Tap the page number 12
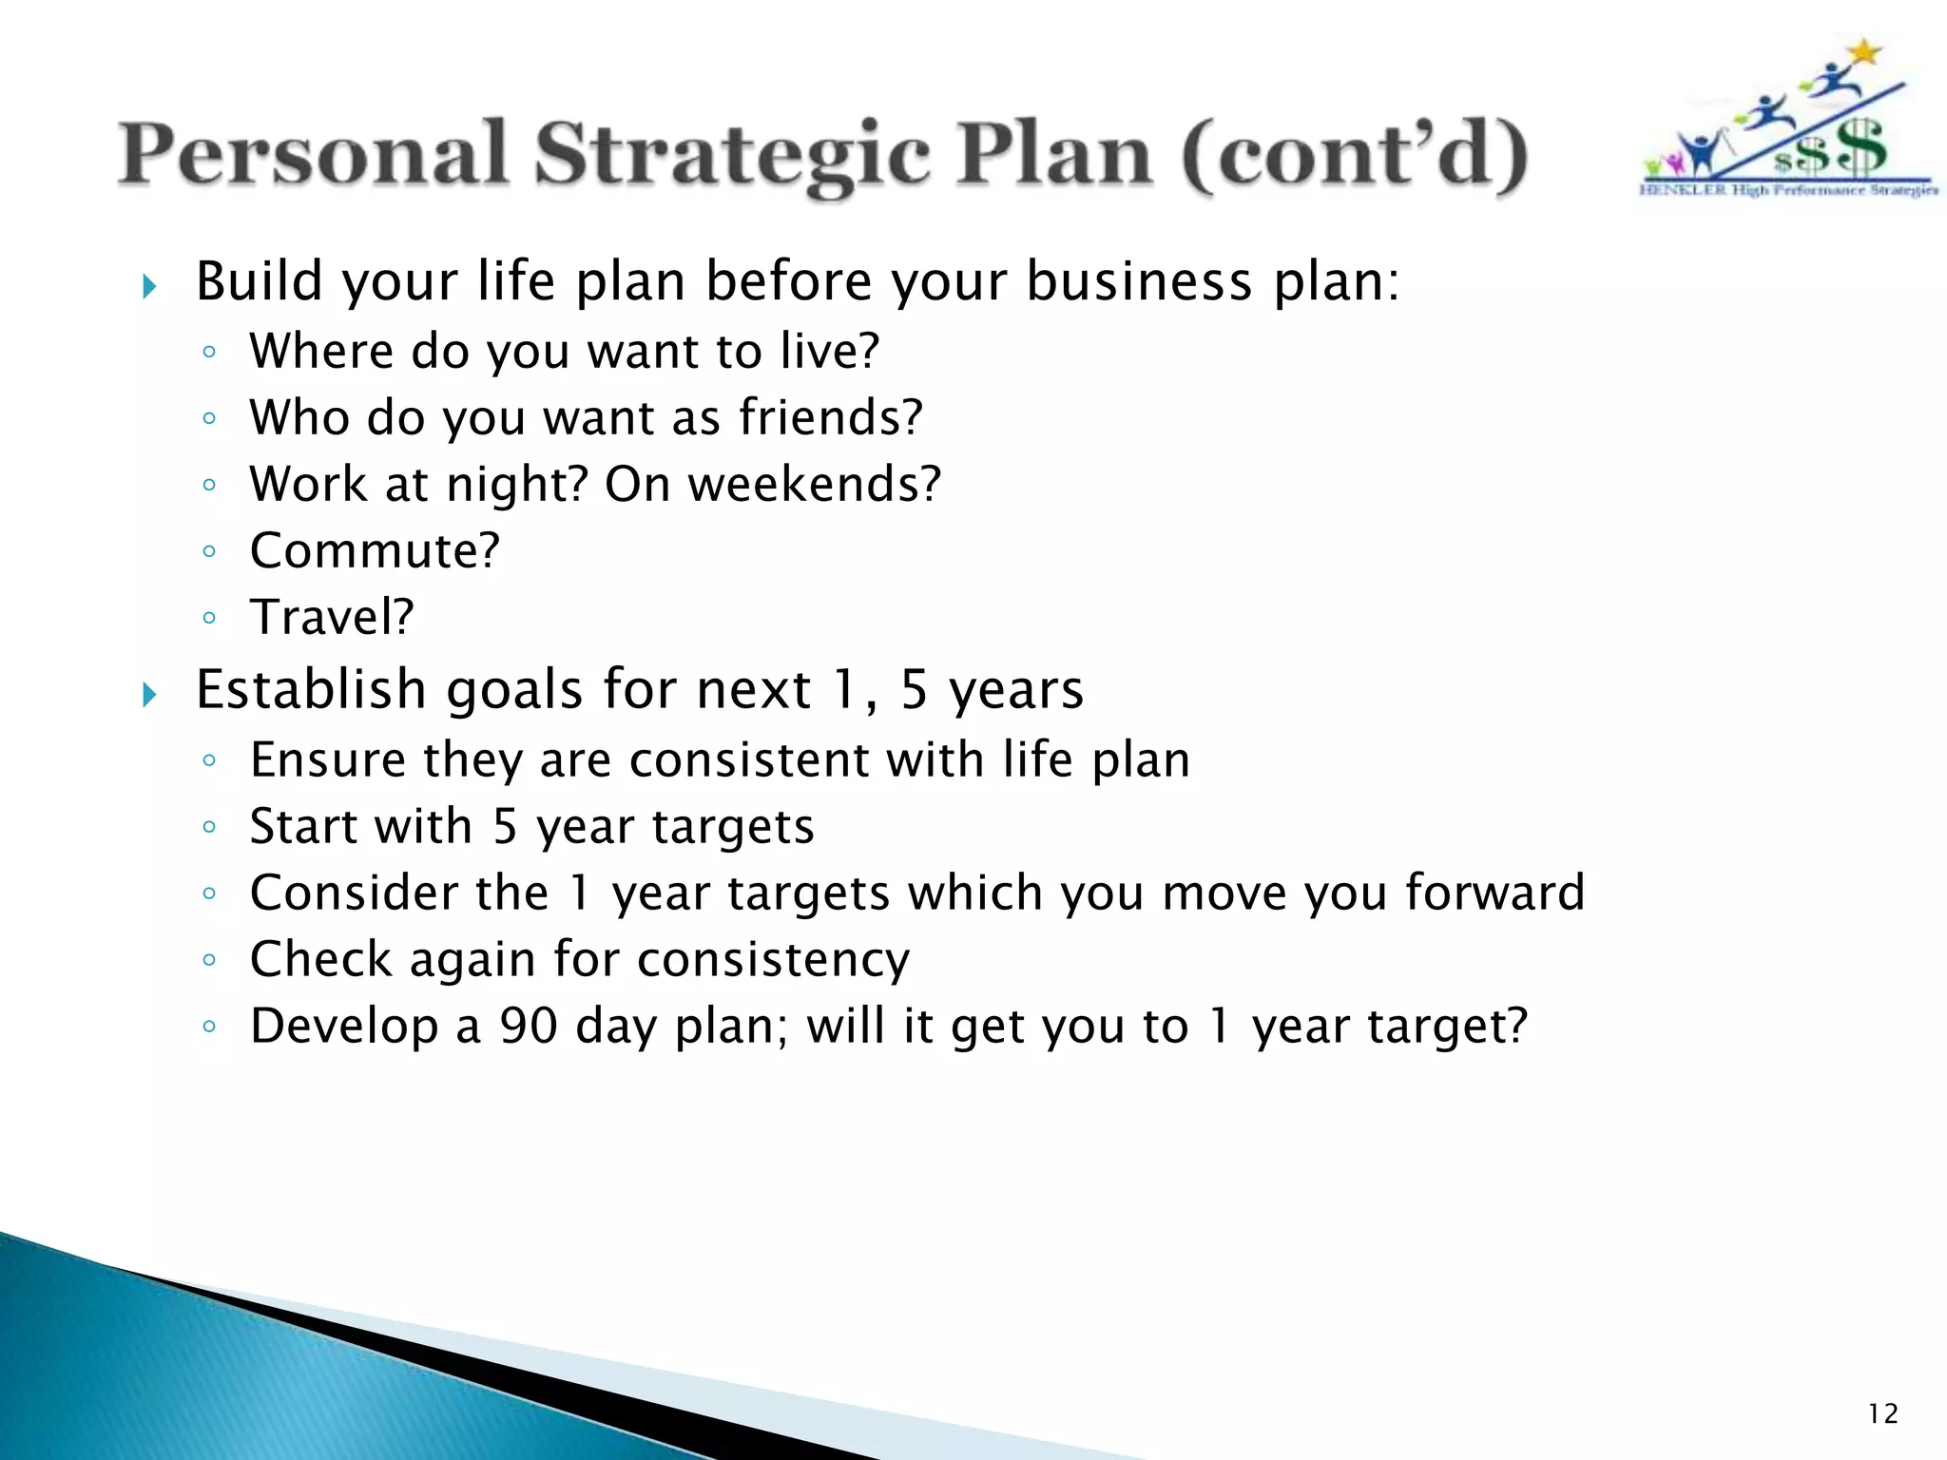pos(1882,1413)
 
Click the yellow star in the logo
pos(1865,52)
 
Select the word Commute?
pos(375,551)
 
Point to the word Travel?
pos(332,617)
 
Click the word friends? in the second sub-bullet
pos(830,418)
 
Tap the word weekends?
pos(814,484)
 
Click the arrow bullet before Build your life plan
pos(148,286)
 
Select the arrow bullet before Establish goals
pos(148,694)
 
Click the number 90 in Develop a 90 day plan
pos(528,1027)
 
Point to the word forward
pos(1494,893)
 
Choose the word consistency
pos(773,960)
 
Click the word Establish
pos(310,689)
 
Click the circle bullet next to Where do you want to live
pos(209,353)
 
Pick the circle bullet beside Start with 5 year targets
pos(209,827)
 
